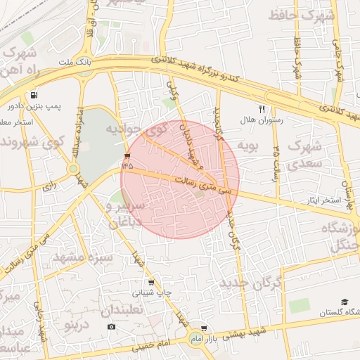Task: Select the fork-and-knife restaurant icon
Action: [262, 110]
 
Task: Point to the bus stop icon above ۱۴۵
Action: [127, 155]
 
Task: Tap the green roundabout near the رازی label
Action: [73, 169]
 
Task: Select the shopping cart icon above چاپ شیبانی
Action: [150, 283]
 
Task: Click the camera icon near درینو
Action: [111, 327]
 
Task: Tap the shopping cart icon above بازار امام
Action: [204, 328]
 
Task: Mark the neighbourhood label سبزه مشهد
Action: [83, 257]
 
